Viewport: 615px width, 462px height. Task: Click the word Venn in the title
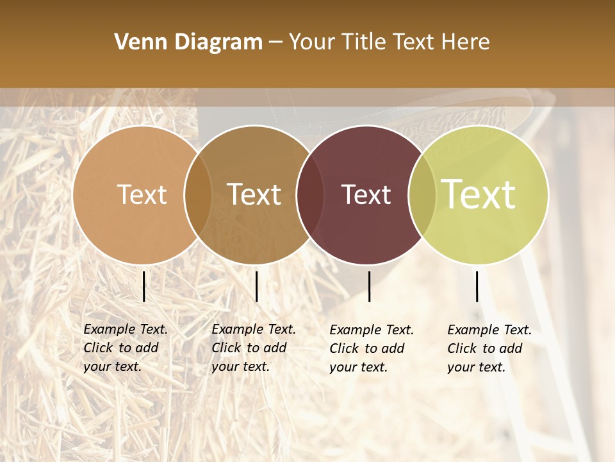click(137, 42)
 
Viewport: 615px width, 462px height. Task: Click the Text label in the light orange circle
click(142, 194)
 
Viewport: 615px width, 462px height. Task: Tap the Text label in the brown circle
click(254, 194)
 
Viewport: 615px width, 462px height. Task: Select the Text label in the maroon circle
click(366, 194)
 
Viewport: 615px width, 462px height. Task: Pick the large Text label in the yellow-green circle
click(479, 194)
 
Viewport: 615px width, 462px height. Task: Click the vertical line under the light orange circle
click(143, 286)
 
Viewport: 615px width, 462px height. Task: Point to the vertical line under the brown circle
click(256, 286)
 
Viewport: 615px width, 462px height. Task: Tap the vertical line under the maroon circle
click(369, 286)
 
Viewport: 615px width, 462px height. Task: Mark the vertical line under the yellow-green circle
click(477, 286)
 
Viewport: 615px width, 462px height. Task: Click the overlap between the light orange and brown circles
click(198, 194)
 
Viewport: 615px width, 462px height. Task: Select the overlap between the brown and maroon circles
click(310, 194)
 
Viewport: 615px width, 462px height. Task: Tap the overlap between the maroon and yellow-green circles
click(422, 194)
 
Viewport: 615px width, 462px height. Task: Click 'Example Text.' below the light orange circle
click(126, 329)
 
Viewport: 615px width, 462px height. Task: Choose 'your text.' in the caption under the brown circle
click(240, 366)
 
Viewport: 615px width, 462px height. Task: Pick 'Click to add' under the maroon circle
click(367, 348)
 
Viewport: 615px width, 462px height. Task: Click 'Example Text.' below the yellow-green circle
click(489, 330)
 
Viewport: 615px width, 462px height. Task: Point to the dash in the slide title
click(275, 43)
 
